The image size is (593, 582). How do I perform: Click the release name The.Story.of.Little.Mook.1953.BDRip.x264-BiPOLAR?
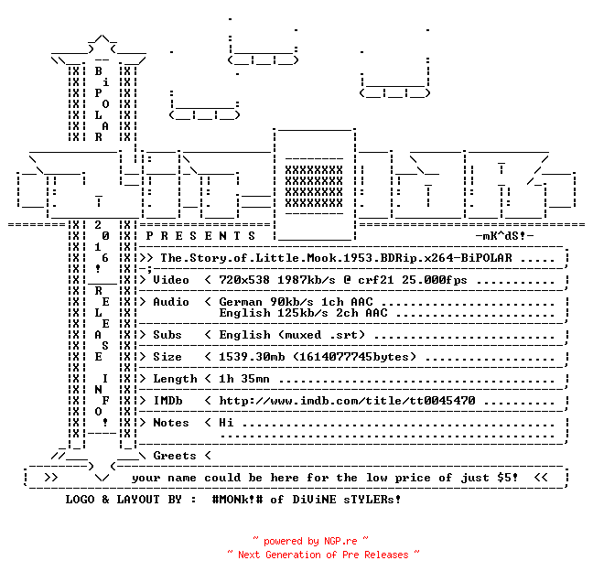pos(336,258)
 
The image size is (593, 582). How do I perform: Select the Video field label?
pos(171,280)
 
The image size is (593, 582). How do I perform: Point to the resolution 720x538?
pos(244,280)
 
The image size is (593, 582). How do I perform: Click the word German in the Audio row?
pos(241,302)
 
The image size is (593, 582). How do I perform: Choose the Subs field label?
pos(167,335)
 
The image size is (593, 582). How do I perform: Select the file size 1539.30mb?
pos(252,357)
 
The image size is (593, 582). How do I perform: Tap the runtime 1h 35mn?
pos(244,379)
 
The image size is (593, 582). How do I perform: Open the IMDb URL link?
pos(347,401)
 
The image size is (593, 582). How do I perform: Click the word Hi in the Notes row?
pos(226,423)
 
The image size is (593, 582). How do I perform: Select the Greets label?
pos(175,456)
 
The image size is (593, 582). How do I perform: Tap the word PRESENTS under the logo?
pos(200,236)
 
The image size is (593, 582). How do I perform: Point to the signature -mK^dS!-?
pos(504,236)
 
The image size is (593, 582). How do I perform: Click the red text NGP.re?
pos(340,541)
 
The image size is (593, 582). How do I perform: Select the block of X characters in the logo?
pos(314,187)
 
